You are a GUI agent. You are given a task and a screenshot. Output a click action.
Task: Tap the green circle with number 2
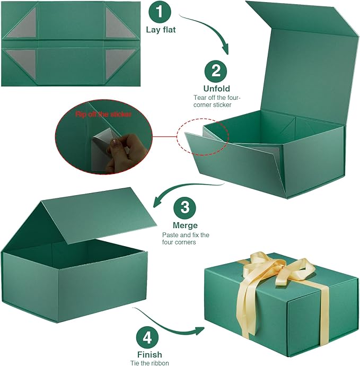tap(216, 71)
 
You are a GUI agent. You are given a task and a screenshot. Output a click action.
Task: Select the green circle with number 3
tap(185, 207)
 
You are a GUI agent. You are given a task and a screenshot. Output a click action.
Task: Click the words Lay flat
tap(161, 30)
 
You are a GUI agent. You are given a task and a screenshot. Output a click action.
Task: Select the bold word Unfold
tap(216, 89)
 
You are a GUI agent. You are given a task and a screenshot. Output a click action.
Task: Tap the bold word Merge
tap(185, 225)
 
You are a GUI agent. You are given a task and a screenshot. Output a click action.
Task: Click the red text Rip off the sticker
tap(104, 114)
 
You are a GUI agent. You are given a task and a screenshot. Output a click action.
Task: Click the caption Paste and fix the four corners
tap(186, 238)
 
